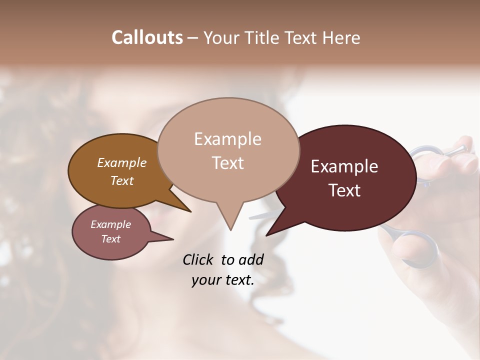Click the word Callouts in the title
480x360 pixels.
pos(147,37)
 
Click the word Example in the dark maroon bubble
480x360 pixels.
pos(344,166)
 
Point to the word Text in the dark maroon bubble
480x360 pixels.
pos(344,190)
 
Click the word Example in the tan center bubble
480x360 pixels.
pos(227,139)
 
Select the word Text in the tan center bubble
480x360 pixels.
pos(227,163)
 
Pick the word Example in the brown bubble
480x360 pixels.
pos(122,163)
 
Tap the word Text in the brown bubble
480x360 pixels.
pos(122,180)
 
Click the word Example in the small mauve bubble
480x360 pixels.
pos(111,224)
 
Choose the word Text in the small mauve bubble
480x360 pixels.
pos(111,239)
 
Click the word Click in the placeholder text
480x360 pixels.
pos(198,259)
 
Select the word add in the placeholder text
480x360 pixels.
pos(251,259)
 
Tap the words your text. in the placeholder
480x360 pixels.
pos(223,280)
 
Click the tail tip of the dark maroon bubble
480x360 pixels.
pos(267,235)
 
